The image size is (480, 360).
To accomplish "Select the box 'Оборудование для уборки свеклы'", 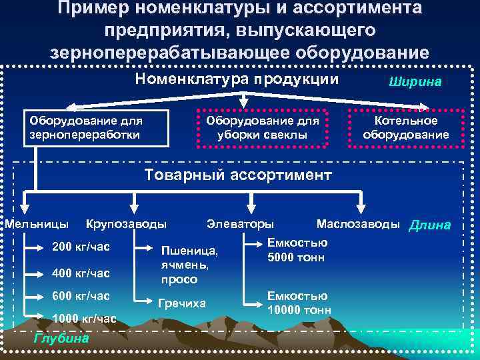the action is coord(263,127).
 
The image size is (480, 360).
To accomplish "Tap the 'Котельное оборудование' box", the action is coord(406,127).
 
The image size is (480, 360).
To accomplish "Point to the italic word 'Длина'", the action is coord(429,225).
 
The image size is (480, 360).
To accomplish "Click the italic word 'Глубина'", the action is coord(61,337).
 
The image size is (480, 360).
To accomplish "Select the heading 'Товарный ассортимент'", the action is coord(238,176).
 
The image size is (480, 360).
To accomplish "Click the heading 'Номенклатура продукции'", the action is coord(237,79).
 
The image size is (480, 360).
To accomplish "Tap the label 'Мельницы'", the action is coord(36,223).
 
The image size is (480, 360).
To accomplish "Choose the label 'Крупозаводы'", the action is coord(126,223).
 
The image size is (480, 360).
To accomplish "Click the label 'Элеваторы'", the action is coord(240,223).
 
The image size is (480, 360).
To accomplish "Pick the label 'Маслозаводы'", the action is coord(359,223).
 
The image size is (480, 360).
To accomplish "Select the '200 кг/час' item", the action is coord(81,247).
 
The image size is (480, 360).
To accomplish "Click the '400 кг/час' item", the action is coord(81,273).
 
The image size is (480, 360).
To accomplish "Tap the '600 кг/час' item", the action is coord(81,295).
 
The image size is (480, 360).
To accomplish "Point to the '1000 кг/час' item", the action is coord(84,318).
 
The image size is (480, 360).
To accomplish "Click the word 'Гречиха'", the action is coord(182,303).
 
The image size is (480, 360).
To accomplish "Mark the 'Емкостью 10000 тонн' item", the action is coord(299,303).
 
